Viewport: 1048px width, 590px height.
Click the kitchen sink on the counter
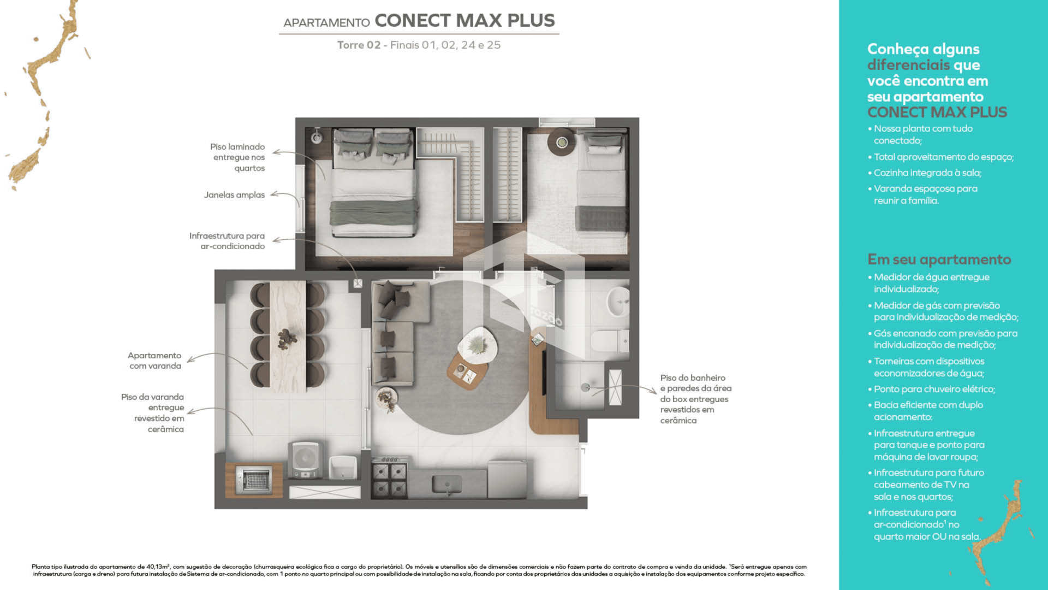tap(446, 484)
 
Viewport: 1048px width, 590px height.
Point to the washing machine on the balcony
tap(305, 459)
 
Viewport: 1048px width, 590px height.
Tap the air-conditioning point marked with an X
tap(358, 284)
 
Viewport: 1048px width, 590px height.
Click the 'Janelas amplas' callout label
tap(234, 195)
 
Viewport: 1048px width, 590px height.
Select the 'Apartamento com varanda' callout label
tap(155, 361)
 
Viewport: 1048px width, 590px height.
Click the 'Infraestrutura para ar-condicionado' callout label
tap(227, 241)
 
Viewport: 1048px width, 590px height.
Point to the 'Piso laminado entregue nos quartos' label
tap(238, 157)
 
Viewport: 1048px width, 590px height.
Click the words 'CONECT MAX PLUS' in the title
tap(465, 20)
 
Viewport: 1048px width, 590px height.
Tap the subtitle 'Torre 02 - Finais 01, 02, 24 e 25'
tap(419, 45)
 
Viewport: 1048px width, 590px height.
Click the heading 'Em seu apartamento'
tap(939, 259)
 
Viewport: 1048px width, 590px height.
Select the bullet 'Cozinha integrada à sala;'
tap(927, 173)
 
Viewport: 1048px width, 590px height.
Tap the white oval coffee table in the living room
tap(477, 345)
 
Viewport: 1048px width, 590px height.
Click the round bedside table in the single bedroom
tap(562, 142)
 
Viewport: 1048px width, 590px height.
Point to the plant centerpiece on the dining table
tap(287, 338)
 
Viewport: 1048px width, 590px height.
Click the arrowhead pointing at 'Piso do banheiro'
tap(653, 391)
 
